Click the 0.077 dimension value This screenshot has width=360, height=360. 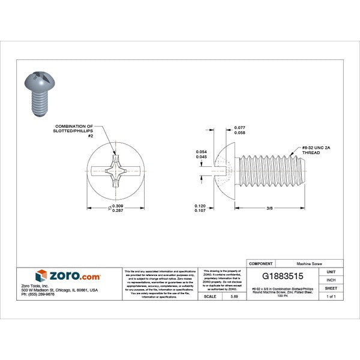239,128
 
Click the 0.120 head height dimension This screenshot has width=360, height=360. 200,206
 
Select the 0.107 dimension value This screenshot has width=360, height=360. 200,211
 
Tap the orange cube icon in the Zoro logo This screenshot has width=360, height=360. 41,276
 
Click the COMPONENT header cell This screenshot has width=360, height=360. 261,263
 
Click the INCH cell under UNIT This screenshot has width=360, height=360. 331,280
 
